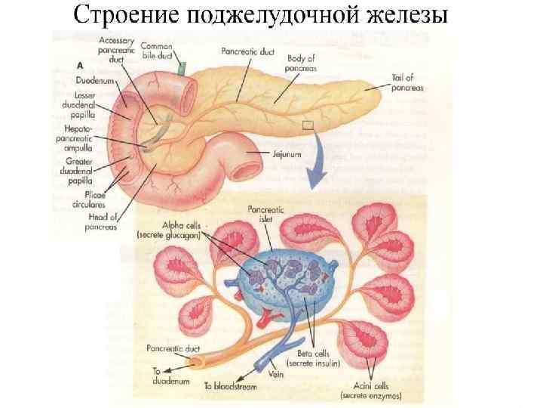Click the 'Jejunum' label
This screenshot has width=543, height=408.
[x=287, y=153]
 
